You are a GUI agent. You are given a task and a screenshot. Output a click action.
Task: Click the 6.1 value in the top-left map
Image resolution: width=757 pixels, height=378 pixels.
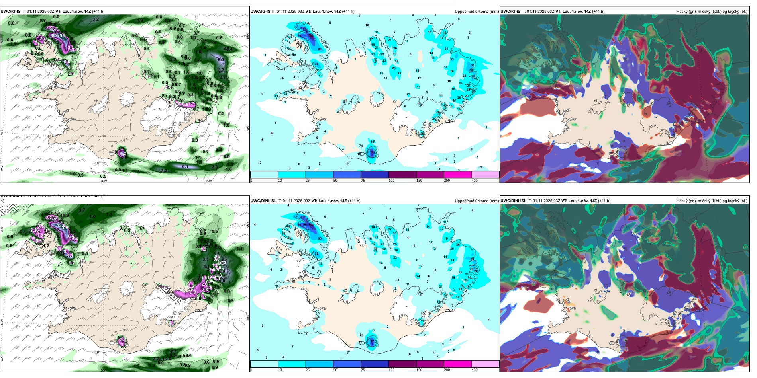point(185,166)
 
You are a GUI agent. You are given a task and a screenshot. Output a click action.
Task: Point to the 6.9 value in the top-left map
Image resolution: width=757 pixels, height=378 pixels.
point(221,60)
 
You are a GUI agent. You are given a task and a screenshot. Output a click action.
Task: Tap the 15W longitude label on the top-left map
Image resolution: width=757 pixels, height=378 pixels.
point(208,181)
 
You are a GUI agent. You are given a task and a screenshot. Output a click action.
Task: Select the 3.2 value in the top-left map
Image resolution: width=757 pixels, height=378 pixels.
point(96,19)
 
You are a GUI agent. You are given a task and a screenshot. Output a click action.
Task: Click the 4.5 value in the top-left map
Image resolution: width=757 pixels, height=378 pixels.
point(226,156)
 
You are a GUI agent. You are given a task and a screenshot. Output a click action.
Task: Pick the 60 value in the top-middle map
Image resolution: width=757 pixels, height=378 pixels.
point(320,49)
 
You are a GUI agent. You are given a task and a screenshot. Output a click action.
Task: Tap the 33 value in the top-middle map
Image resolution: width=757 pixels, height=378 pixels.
point(452,60)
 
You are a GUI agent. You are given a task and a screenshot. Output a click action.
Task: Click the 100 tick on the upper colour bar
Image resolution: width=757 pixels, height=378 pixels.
point(391,181)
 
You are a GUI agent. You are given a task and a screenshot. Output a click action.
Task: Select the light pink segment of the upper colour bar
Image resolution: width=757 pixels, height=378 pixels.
point(485,175)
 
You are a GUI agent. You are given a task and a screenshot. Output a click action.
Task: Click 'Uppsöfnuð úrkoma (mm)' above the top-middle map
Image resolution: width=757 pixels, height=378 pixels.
point(477,12)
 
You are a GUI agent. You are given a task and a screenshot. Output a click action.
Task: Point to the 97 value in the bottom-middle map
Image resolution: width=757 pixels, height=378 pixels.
point(372,341)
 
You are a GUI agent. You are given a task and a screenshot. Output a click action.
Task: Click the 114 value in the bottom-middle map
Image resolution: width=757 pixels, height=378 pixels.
point(311,225)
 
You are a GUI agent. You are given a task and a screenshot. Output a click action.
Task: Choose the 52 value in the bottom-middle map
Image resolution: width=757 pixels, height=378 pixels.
point(317,253)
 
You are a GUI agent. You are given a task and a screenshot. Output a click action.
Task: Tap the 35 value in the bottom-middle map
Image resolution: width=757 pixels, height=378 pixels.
point(395,234)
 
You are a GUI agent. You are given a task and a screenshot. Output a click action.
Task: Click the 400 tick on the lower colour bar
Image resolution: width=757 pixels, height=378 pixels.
point(475,370)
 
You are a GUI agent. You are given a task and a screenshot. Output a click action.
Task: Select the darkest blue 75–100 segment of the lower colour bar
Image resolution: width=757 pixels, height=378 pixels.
point(375,364)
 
